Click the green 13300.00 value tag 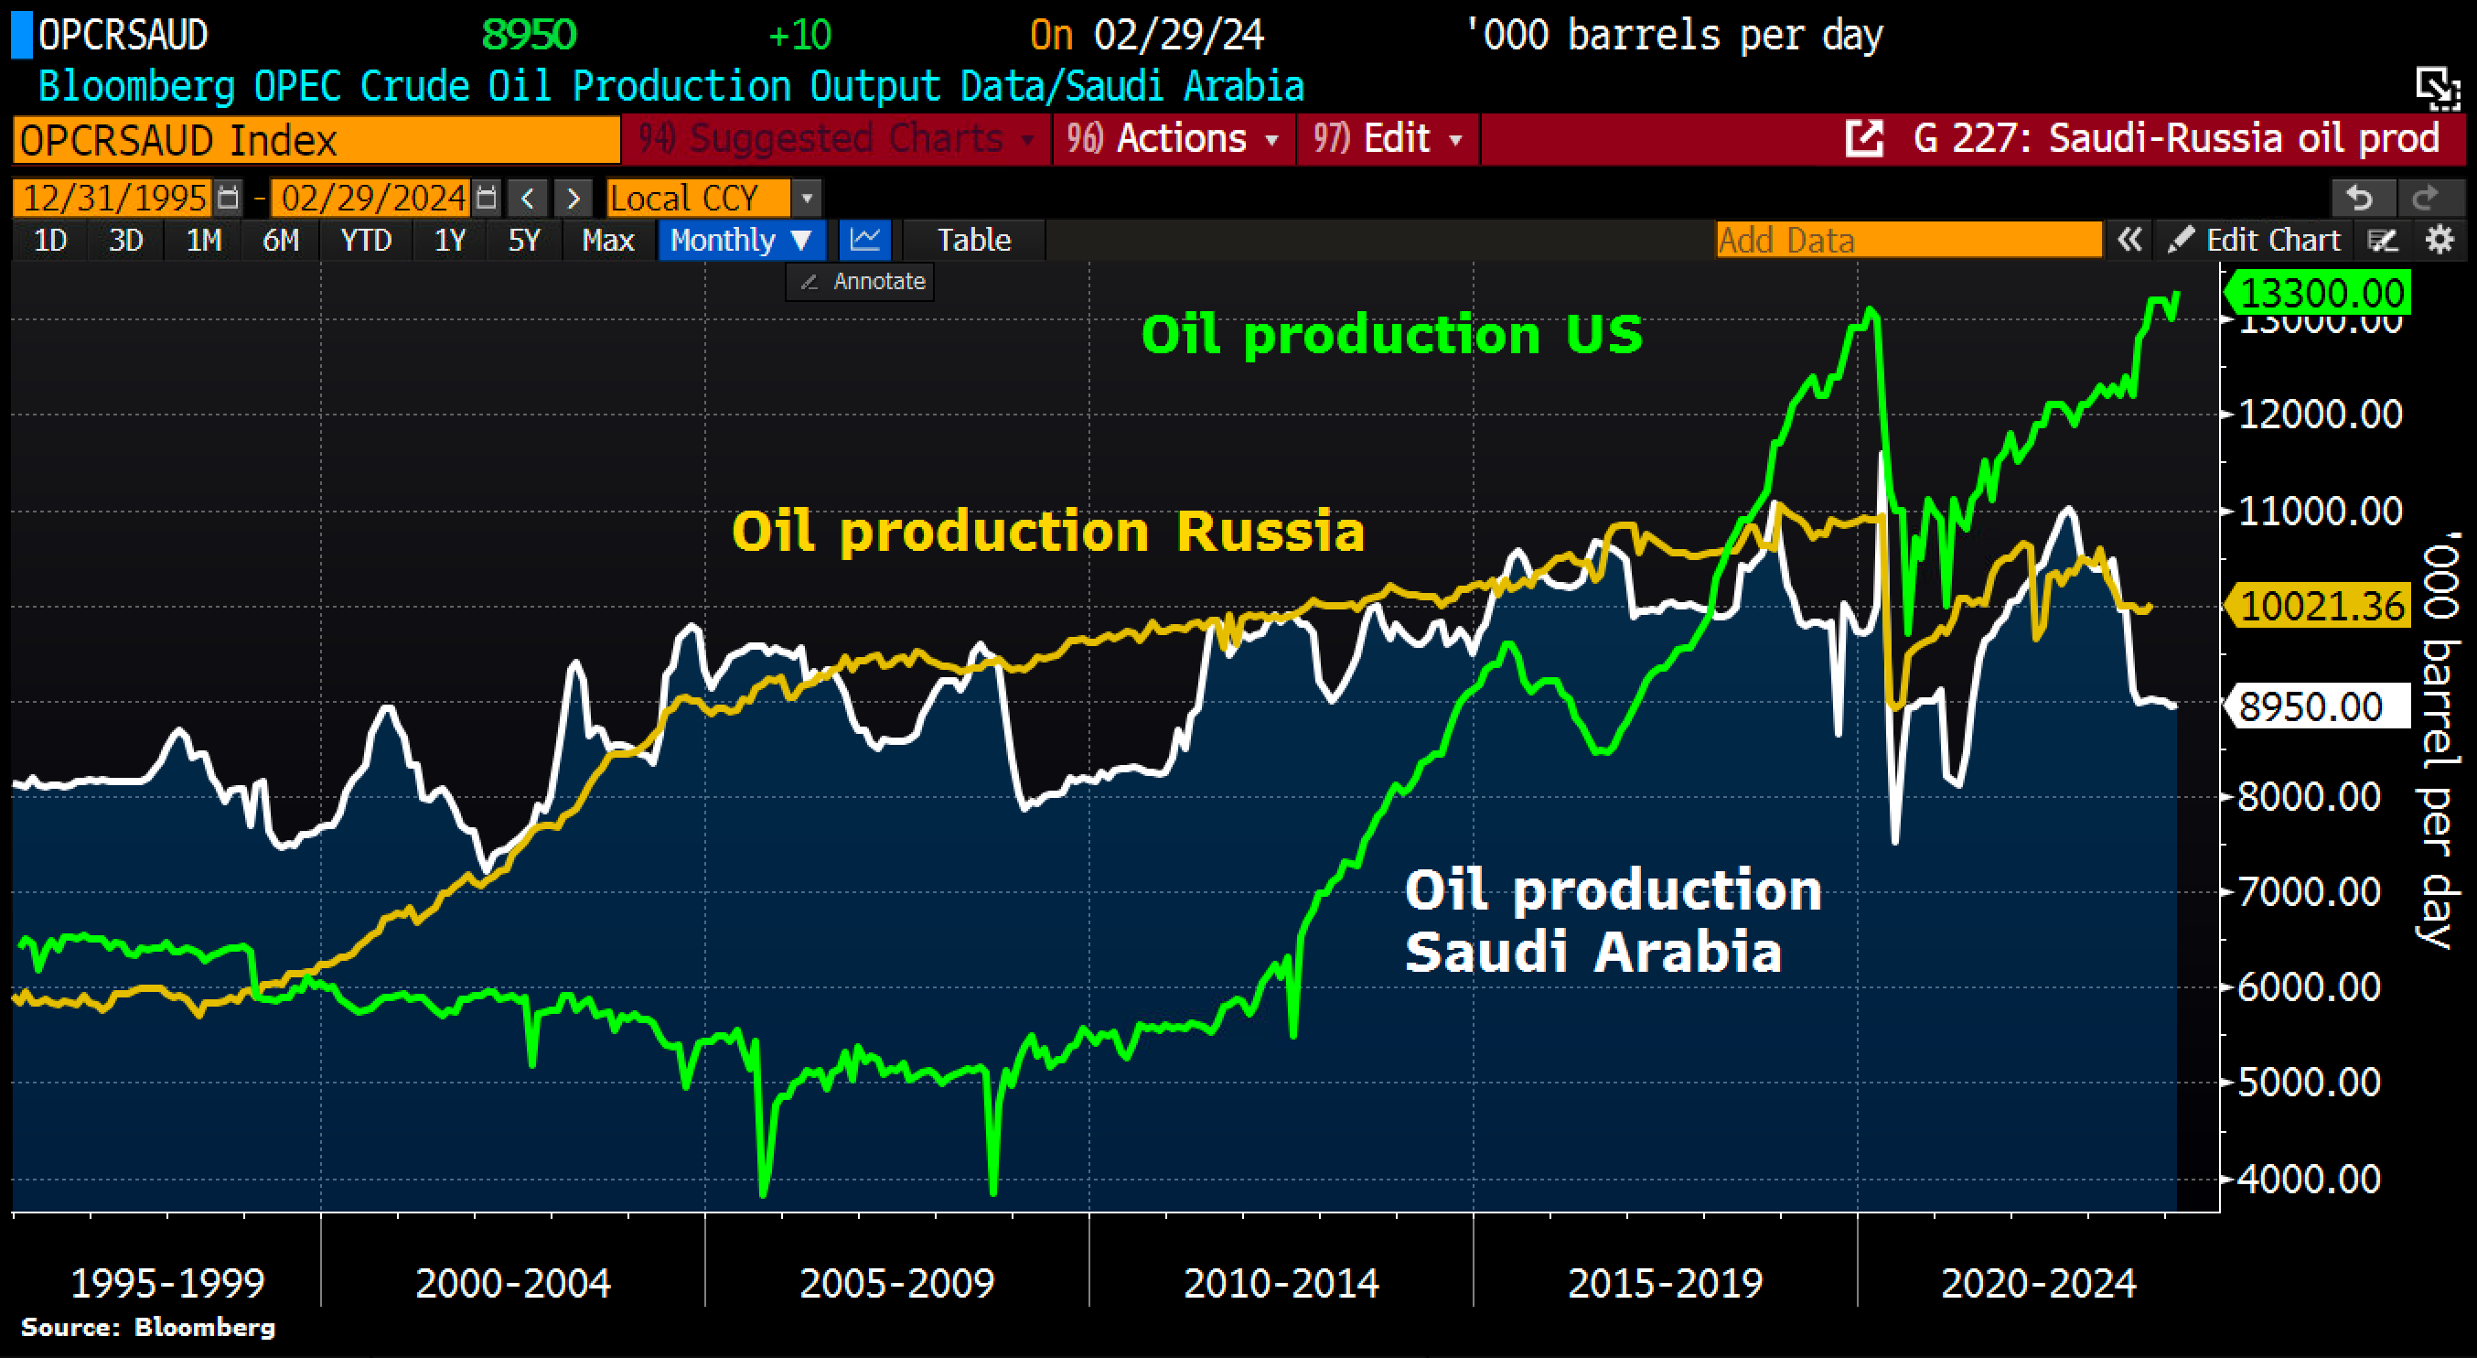coord(2322,293)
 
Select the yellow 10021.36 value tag coord(2322,606)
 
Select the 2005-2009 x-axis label coord(896,1282)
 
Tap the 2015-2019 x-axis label coord(1665,1282)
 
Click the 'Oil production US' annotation coord(1391,335)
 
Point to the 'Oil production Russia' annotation coord(1048,531)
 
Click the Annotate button coord(862,282)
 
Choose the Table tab coord(973,240)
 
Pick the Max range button coord(607,240)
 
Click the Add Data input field coord(1908,240)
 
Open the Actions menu coord(1174,139)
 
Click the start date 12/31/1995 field coord(113,199)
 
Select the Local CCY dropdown coord(713,199)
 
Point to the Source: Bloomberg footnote coord(148,1327)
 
